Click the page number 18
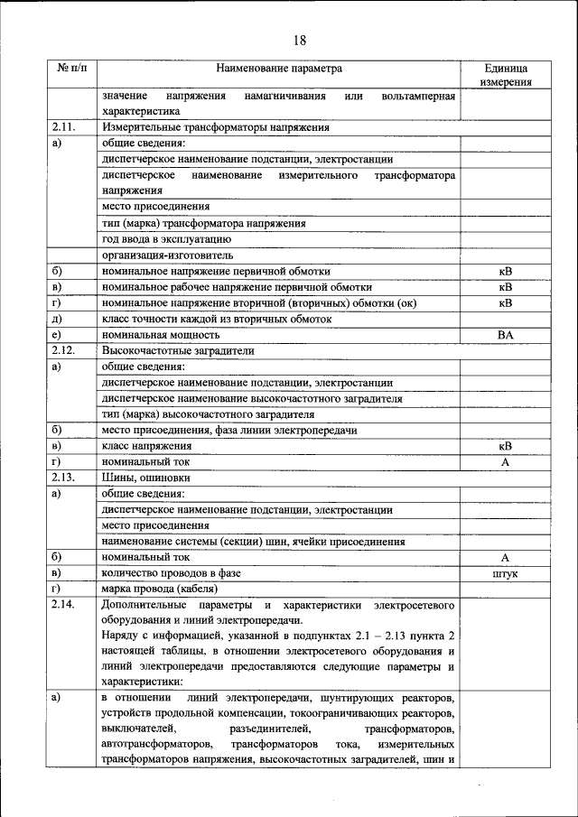[300, 39]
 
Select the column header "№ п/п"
[71, 69]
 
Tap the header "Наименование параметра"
[279, 69]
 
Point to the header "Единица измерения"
[505, 75]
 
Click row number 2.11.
[68, 127]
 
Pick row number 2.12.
[68, 350]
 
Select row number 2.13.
[68, 478]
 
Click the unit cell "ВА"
[505, 334]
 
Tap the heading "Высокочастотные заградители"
[178, 350]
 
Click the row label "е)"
[57, 334]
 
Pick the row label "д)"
[57, 319]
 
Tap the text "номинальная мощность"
[161, 334]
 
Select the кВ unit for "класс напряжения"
[505, 446]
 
